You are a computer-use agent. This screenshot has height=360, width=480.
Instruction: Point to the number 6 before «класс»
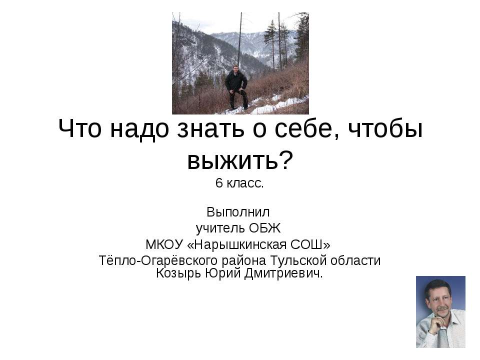tap(218, 183)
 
